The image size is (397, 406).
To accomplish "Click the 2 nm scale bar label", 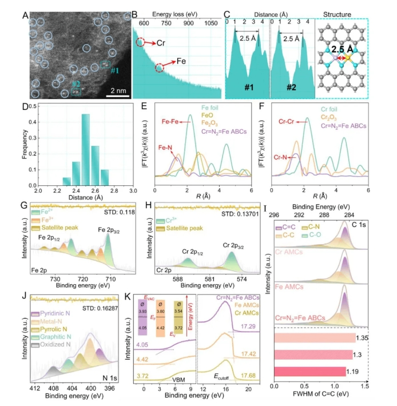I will point(118,90).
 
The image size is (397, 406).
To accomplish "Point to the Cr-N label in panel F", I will point(275,156).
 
